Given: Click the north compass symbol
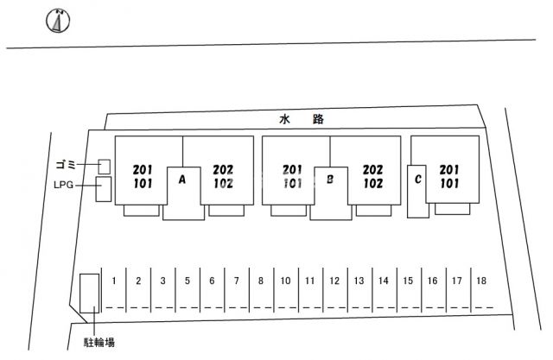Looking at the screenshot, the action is pyautogui.click(x=58, y=21).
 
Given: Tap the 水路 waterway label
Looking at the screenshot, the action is pyautogui.click(x=302, y=119).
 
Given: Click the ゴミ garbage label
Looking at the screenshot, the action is pyautogui.click(x=66, y=165).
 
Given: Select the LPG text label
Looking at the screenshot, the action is pyautogui.click(x=63, y=185).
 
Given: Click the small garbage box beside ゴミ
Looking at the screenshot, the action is pyautogui.click(x=104, y=167).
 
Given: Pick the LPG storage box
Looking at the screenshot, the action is pyautogui.click(x=104, y=189).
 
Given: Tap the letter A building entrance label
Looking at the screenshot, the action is pyautogui.click(x=182, y=180).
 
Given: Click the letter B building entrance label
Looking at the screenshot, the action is pyautogui.click(x=330, y=180).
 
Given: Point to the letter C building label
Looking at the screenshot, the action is pyautogui.click(x=418, y=180).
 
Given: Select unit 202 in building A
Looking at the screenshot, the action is pyautogui.click(x=223, y=170).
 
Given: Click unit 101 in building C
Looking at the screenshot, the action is pyautogui.click(x=449, y=184).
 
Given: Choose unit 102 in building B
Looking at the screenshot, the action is pyautogui.click(x=373, y=184).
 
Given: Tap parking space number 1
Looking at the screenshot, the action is pyautogui.click(x=114, y=281).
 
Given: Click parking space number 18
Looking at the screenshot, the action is pyautogui.click(x=481, y=281).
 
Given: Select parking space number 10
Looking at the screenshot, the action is pyautogui.click(x=285, y=281).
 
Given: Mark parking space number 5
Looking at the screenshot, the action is pyautogui.click(x=188, y=281).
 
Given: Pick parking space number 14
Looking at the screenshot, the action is pyautogui.click(x=384, y=281).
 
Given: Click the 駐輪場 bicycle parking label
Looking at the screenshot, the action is pyautogui.click(x=99, y=343).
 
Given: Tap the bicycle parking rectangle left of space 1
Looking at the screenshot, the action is pyautogui.click(x=89, y=294).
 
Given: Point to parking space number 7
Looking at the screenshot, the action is pyautogui.click(x=236, y=281).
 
